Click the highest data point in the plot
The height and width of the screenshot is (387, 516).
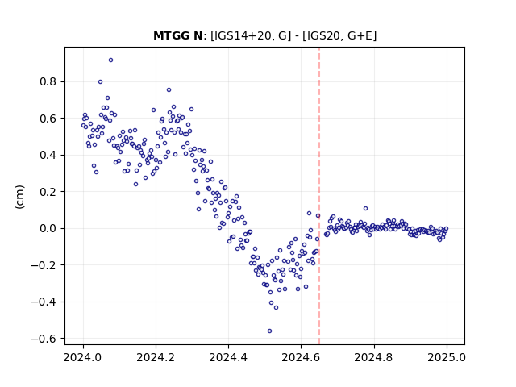click(x=111, y=60)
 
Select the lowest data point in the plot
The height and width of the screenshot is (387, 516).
click(x=269, y=331)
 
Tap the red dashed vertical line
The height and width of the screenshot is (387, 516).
click(x=319, y=196)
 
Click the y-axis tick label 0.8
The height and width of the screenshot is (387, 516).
click(x=48, y=81)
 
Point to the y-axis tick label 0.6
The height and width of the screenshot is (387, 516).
click(x=48, y=119)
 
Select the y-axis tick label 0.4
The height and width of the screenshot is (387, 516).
click(x=48, y=155)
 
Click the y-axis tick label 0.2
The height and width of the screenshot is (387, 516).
click(x=48, y=192)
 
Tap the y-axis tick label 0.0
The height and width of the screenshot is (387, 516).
click(x=48, y=228)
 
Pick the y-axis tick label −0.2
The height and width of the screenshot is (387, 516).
click(x=44, y=265)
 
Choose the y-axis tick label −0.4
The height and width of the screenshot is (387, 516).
click(x=44, y=302)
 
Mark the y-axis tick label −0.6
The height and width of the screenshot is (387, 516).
click(x=44, y=339)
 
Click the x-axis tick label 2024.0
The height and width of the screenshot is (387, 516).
click(x=83, y=357)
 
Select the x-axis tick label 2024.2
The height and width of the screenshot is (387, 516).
click(x=156, y=357)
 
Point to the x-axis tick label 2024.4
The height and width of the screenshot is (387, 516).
click(x=228, y=357)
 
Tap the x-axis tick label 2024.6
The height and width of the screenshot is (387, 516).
click(x=301, y=357)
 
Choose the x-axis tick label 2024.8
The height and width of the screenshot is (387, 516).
click(x=374, y=357)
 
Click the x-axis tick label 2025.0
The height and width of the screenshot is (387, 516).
click(x=447, y=357)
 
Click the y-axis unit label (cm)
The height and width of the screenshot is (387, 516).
click(x=19, y=197)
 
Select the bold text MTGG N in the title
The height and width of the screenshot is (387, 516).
click(x=178, y=35)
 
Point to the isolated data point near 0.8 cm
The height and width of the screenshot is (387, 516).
click(x=100, y=81)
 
